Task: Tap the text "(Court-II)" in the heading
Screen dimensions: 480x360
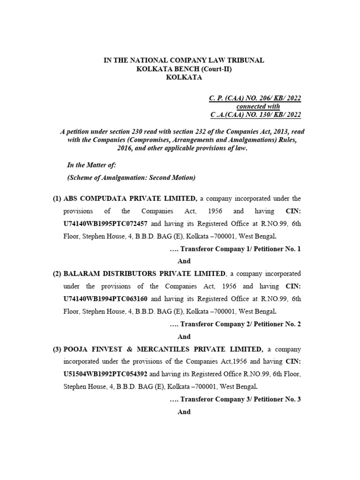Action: [x=217, y=69]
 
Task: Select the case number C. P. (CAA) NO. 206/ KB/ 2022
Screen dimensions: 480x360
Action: [x=255, y=98]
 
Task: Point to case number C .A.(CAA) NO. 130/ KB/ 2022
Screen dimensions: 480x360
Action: [x=255, y=115]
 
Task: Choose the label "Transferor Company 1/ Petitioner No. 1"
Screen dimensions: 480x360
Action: [x=240, y=249]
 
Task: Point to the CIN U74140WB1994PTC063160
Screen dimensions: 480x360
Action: [x=105, y=298]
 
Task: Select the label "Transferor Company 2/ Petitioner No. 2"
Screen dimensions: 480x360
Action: [x=240, y=324]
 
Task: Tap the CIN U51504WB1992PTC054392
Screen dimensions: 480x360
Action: [x=105, y=375]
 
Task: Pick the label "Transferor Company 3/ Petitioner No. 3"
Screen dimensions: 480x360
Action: [x=240, y=399]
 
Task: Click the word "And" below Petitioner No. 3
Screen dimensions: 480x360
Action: [x=184, y=412]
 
